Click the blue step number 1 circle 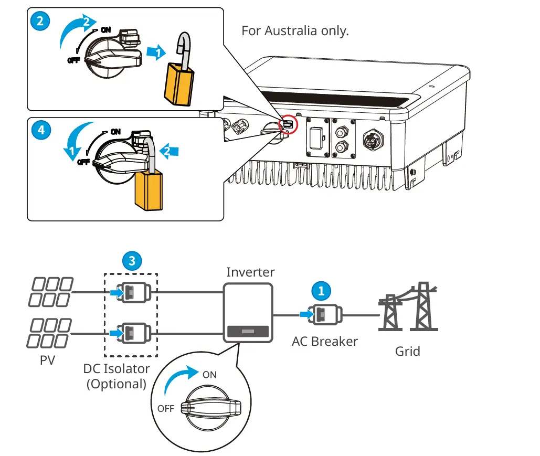pyautogui.click(x=322, y=290)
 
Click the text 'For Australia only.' pyautogui.click(x=295, y=30)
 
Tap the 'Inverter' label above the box pyautogui.click(x=250, y=272)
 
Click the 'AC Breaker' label pyautogui.click(x=324, y=341)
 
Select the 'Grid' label pyautogui.click(x=407, y=351)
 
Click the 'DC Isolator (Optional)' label pyautogui.click(x=117, y=376)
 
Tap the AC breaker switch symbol pyautogui.click(x=324, y=315)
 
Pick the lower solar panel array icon pyautogui.click(x=49, y=333)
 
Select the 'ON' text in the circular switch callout pyautogui.click(x=209, y=375)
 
